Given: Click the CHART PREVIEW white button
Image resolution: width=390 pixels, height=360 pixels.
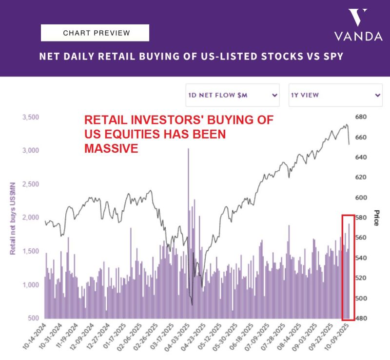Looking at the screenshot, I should [x=95, y=33].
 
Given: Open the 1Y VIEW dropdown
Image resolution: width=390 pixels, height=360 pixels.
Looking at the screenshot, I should [x=335, y=95].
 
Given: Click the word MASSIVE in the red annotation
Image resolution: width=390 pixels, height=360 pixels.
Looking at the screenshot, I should [x=111, y=148].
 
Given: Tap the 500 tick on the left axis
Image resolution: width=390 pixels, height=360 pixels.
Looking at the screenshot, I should [x=33, y=318].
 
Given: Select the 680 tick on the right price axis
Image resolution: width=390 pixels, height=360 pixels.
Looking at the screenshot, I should [x=360, y=117].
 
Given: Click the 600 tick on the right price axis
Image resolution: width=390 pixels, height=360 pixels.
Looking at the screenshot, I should [x=360, y=198].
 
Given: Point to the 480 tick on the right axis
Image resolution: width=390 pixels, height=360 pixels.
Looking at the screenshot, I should [x=360, y=318].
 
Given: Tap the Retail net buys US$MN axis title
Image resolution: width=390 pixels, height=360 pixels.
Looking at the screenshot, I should [x=13, y=218].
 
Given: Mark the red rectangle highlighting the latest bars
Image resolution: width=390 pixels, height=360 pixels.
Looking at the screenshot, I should [x=348, y=266].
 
